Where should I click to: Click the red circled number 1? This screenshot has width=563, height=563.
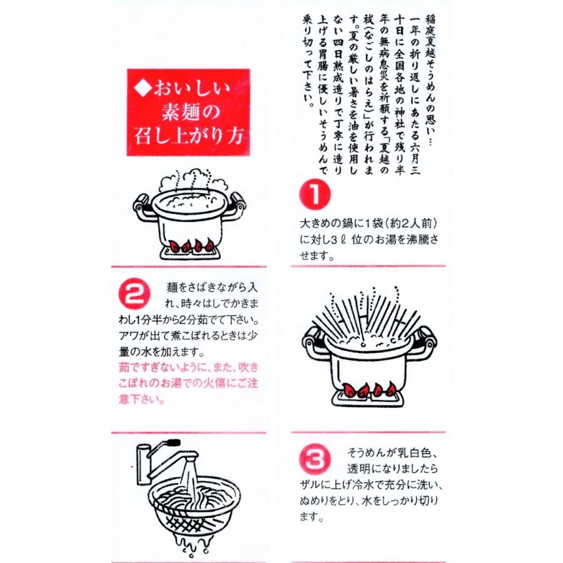click(315, 195)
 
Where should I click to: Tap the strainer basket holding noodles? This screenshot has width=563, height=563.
click(194, 500)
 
